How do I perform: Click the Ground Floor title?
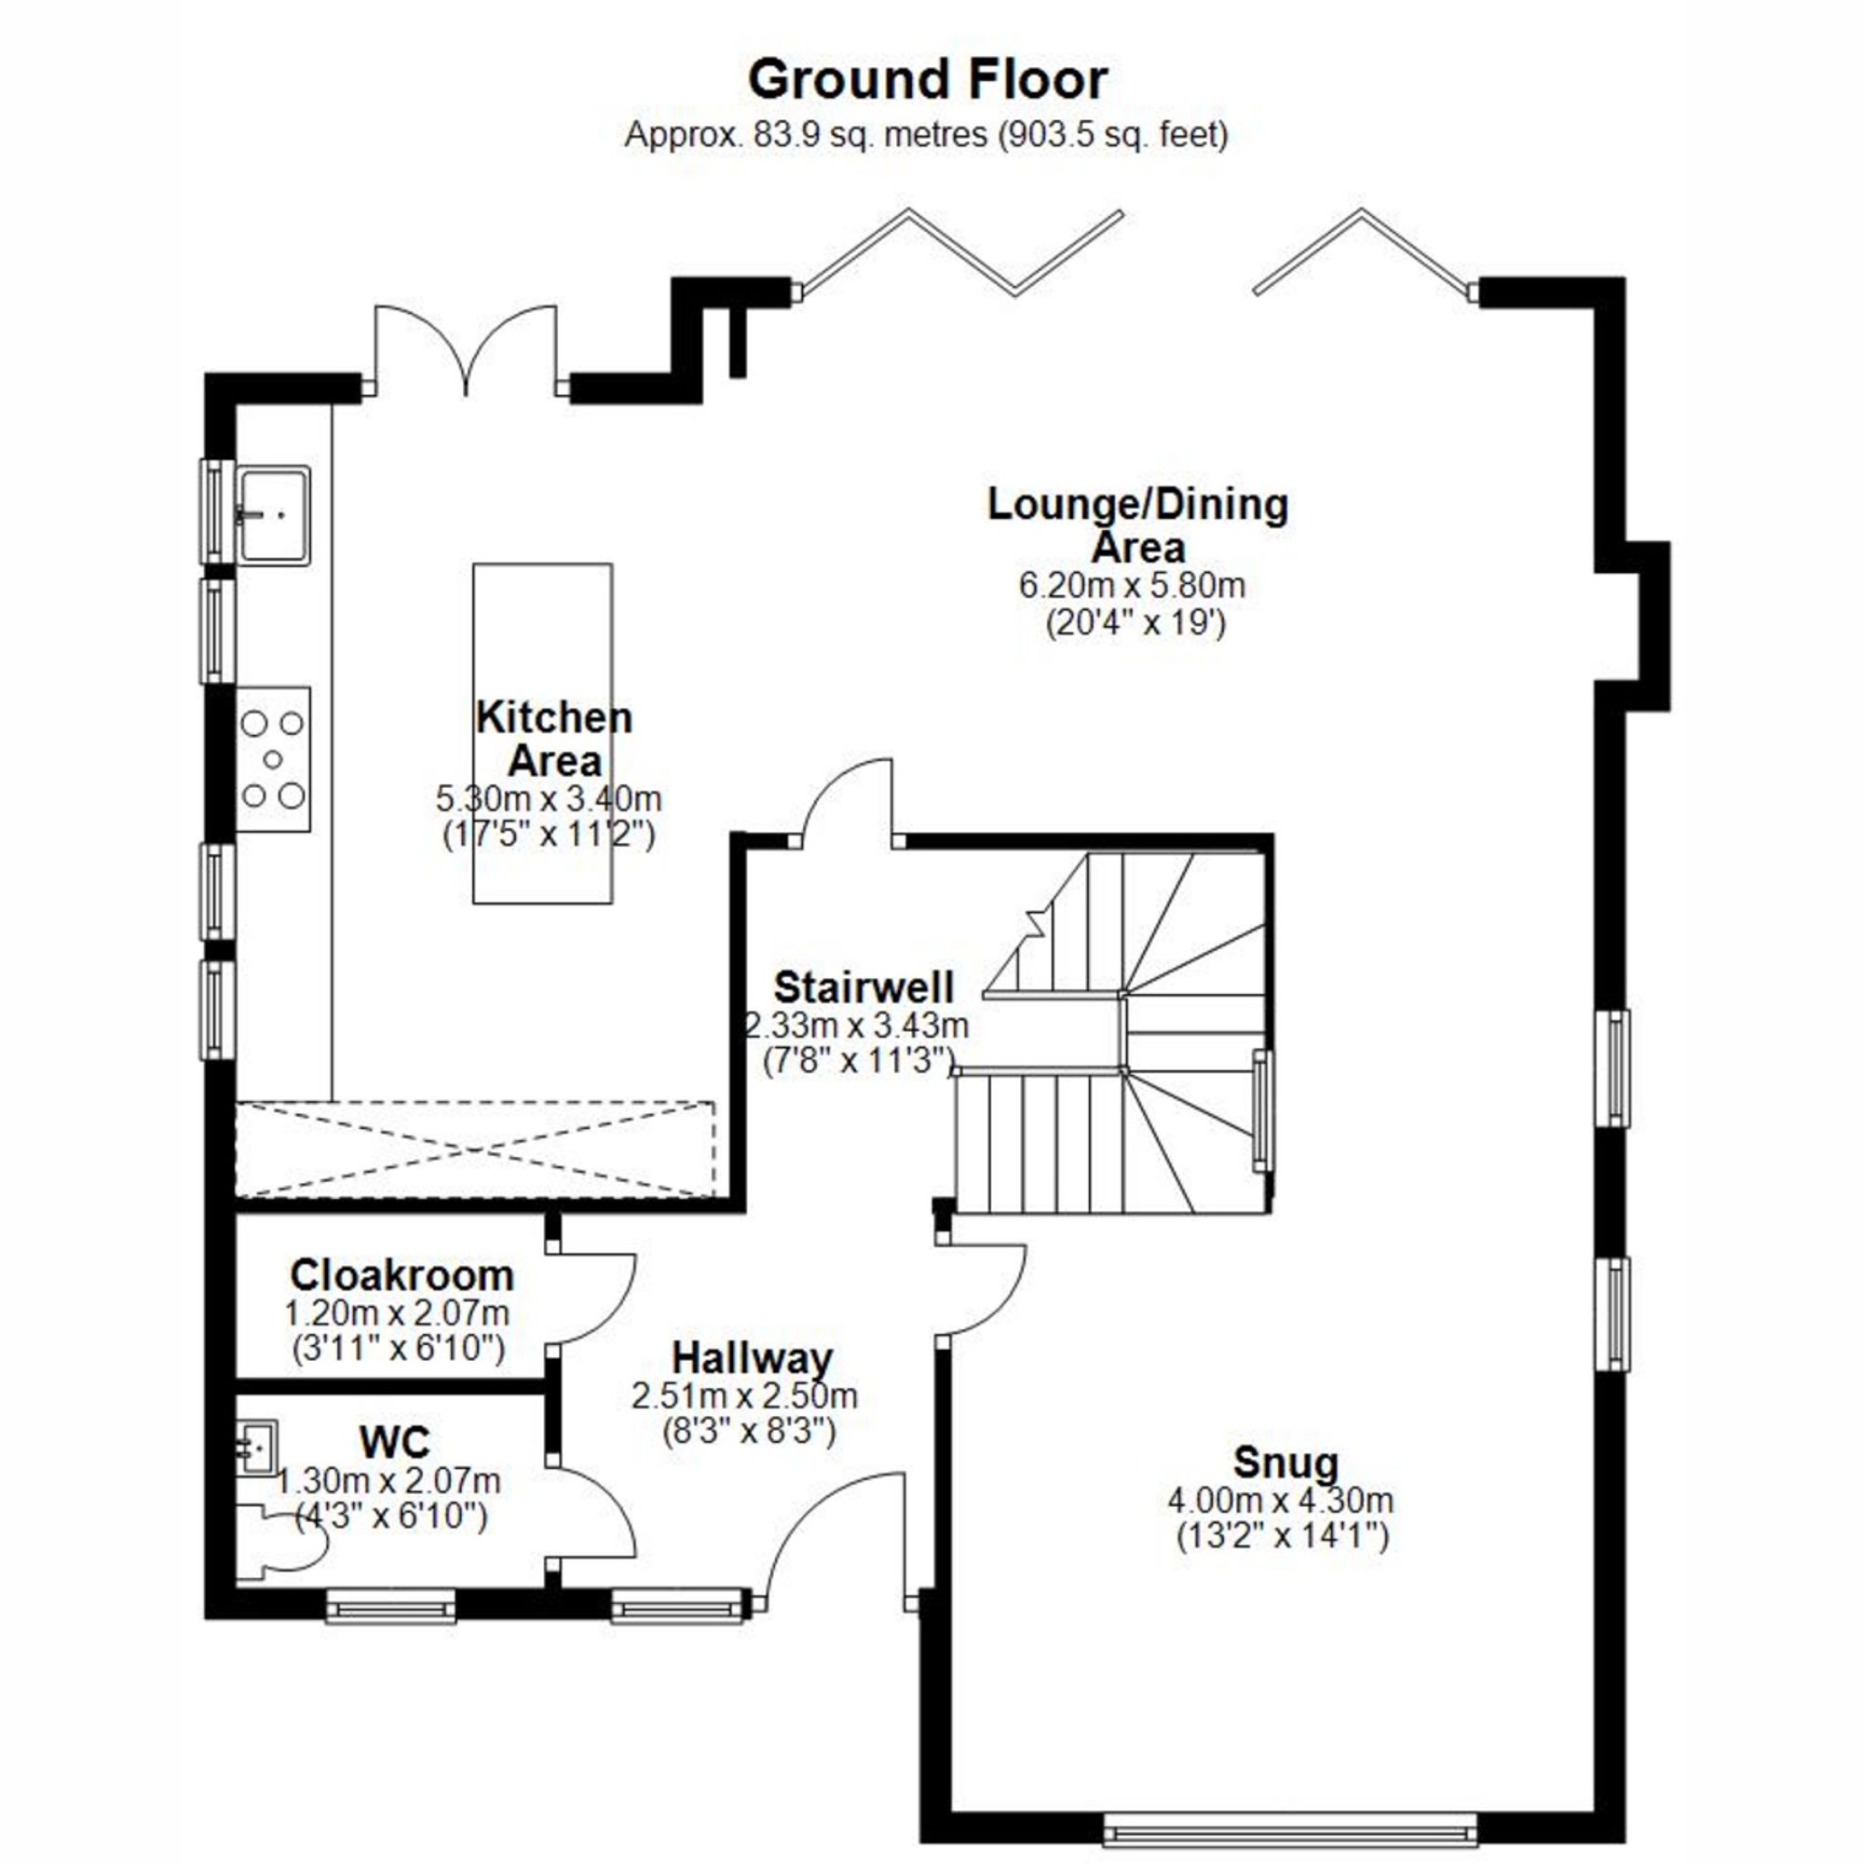(x=927, y=80)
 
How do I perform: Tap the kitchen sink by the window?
(x=274, y=514)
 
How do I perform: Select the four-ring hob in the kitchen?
(x=273, y=760)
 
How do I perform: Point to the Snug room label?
(x=1285, y=1462)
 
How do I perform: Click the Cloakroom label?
(x=401, y=1276)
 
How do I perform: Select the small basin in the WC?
(x=257, y=1447)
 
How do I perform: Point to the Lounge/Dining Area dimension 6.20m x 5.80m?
(x=1132, y=585)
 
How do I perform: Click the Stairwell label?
(x=864, y=987)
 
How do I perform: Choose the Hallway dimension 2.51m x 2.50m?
(x=743, y=1395)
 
